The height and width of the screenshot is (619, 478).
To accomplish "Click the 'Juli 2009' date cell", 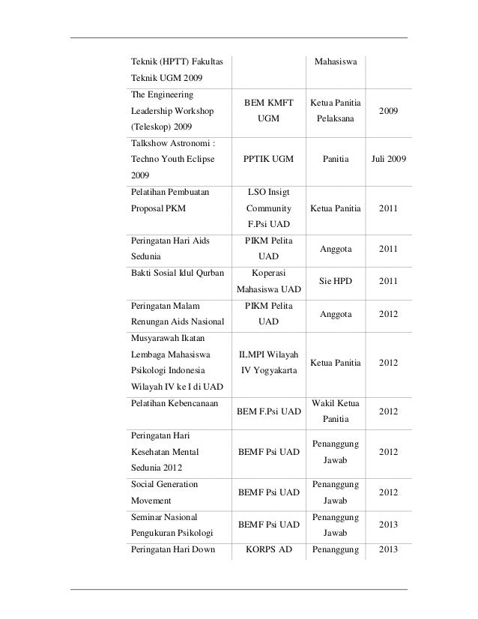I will pyautogui.click(x=388, y=160).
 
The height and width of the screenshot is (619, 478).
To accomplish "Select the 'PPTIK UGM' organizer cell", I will pyautogui.click(x=268, y=160).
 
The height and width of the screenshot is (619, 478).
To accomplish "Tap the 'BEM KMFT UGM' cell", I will pyautogui.click(x=268, y=110).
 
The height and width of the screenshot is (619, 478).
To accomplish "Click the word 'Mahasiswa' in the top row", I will pyautogui.click(x=336, y=59).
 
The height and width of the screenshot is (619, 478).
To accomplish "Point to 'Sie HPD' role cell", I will pyautogui.click(x=336, y=281).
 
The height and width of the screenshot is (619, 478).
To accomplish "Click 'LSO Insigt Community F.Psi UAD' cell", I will pyautogui.click(x=268, y=208).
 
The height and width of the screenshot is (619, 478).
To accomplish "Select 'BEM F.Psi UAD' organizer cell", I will pyautogui.click(x=268, y=411).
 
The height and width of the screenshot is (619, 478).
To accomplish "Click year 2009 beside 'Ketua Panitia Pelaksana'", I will pyautogui.click(x=388, y=110).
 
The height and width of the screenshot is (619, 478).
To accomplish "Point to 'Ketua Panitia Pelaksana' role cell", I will pyautogui.click(x=336, y=110).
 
